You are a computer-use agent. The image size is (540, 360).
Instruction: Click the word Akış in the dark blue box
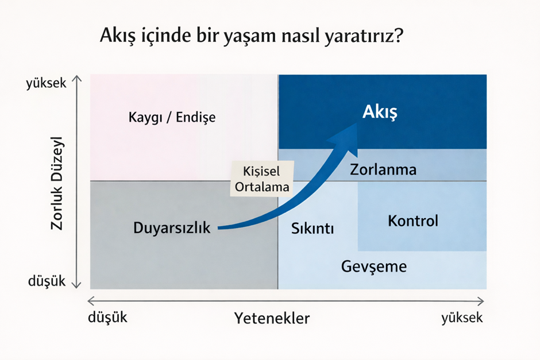[x=380, y=112]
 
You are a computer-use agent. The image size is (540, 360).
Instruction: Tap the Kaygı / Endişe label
[x=172, y=117]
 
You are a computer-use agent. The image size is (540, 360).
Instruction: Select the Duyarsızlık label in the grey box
[x=172, y=228]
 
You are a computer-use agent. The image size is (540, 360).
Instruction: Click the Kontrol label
[x=413, y=221]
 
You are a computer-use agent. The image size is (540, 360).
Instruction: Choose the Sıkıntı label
[x=313, y=229]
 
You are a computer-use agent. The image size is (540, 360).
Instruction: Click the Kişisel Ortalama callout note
[x=262, y=179]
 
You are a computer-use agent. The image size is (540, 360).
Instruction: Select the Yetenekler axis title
[x=272, y=318]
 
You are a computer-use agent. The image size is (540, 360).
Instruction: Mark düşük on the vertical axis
[x=47, y=281]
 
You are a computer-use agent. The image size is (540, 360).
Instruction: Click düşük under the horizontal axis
[x=107, y=317]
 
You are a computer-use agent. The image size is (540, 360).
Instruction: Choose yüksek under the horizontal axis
[x=462, y=318]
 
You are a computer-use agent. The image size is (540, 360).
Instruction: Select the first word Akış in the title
[x=118, y=35]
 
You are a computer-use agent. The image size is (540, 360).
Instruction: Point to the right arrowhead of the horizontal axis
[x=481, y=301]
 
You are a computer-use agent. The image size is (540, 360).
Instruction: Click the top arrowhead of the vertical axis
[x=76, y=79]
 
